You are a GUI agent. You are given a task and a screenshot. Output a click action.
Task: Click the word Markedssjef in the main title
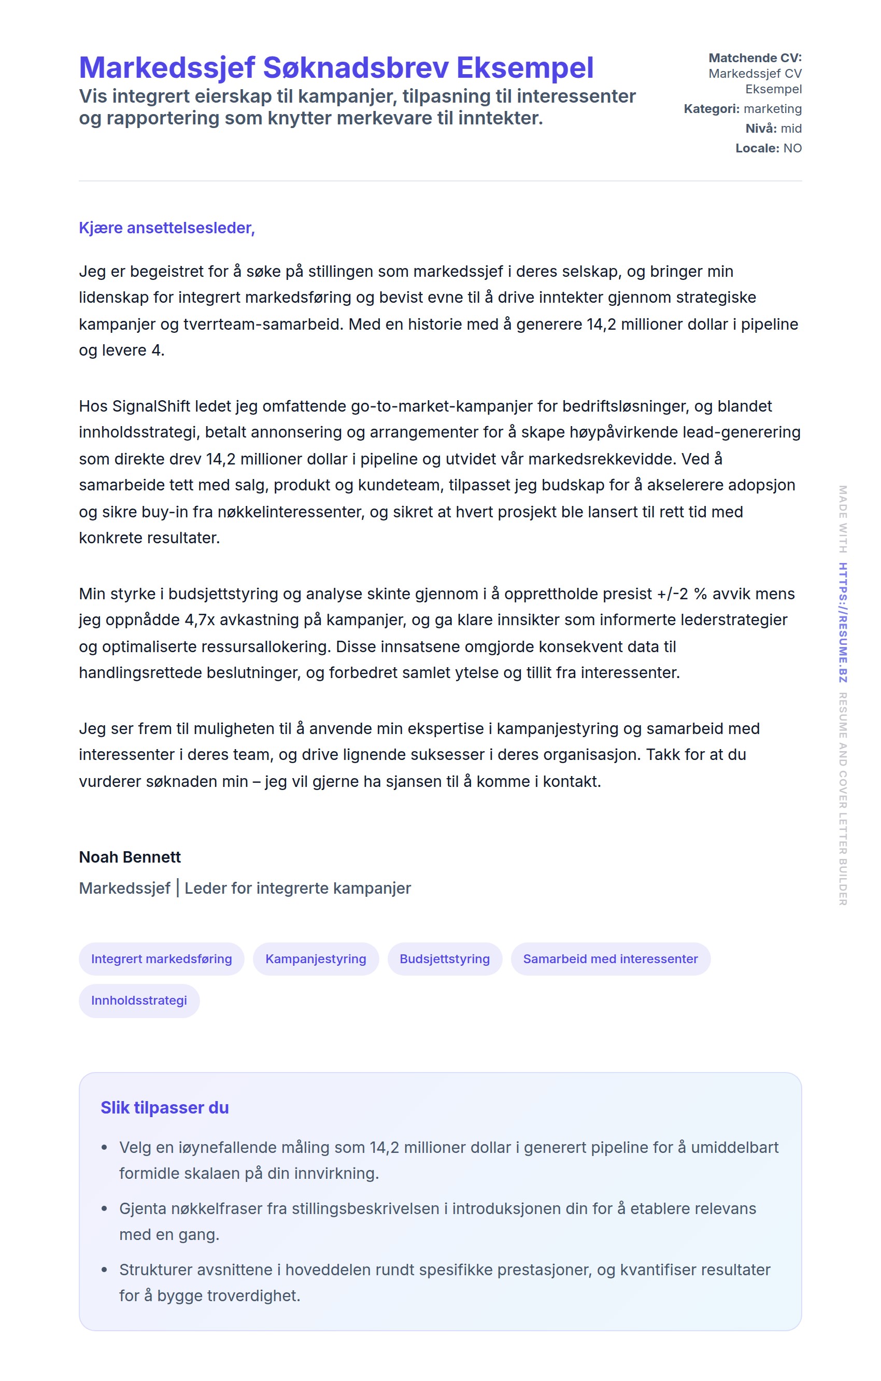pyautogui.click(x=166, y=68)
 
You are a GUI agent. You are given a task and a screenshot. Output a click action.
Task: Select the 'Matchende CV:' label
pyautogui.click(x=755, y=58)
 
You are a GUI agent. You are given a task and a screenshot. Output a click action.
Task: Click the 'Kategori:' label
pyautogui.click(x=712, y=109)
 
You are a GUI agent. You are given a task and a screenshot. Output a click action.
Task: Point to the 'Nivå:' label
pyautogui.click(x=761, y=129)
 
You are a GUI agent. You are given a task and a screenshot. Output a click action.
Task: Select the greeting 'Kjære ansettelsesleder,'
pyautogui.click(x=167, y=228)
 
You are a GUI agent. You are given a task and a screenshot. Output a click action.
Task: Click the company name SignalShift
pyautogui.click(x=151, y=406)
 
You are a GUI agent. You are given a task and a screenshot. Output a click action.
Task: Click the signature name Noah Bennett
pyautogui.click(x=130, y=857)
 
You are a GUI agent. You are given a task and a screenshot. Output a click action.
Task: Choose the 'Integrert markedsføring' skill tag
pyautogui.click(x=162, y=959)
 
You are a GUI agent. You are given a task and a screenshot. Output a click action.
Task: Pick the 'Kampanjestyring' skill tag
pyautogui.click(x=316, y=959)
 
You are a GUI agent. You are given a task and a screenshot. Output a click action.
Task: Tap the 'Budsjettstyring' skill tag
pyautogui.click(x=445, y=959)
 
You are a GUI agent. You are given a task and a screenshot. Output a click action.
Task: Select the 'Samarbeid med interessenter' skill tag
pyautogui.click(x=610, y=959)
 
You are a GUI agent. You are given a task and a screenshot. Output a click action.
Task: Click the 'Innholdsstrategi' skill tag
pyautogui.click(x=139, y=1001)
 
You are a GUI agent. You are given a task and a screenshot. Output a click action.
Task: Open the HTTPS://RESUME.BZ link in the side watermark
pyautogui.click(x=843, y=622)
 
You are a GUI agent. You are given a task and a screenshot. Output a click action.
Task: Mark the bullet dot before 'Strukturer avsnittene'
pyautogui.click(x=104, y=1270)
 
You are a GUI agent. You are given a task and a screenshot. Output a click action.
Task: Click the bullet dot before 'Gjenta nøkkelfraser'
pyautogui.click(x=104, y=1208)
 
